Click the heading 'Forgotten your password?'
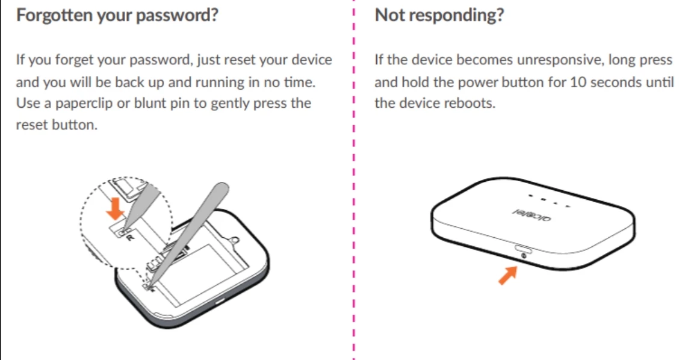point(117,16)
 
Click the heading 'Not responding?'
point(439,16)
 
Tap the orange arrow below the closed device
point(508,275)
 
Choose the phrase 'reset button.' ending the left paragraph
point(57,125)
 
